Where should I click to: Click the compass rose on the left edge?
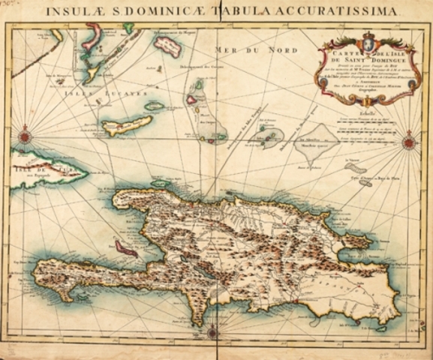click(x=26, y=136)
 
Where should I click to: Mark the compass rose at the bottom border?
click(x=212, y=331)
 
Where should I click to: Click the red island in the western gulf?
click(x=126, y=248)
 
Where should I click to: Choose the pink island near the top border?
click(x=168, y=46)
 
